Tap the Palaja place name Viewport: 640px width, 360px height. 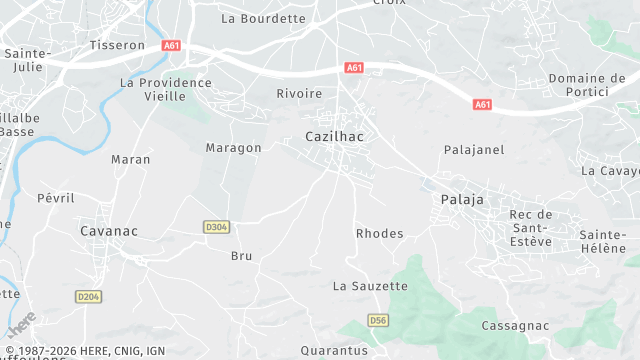(x=462, y=200)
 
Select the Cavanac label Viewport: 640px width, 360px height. (x=108, y=230)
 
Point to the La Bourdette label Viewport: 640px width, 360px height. (x=263, y=18)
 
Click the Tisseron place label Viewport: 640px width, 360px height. (x=117, y=46)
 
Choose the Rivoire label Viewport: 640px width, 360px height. (x=299, y=93)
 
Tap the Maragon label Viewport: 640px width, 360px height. (x=233, y=148)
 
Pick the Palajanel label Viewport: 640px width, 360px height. (x=474, y=149)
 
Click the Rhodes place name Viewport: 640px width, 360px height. (x=380, y=233)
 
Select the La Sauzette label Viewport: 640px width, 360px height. (x=370, y=286)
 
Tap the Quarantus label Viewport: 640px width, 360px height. (x=335, y=351)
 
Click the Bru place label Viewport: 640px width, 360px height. (x=242, y=256)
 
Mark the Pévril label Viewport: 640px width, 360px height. (x=56, y=198)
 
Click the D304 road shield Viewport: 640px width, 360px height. (x=216, y=227)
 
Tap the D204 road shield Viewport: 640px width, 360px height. (x=89, y=296)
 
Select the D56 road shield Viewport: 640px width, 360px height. (x=377, y=320)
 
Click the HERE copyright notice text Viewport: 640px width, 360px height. (x=84, y=351)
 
